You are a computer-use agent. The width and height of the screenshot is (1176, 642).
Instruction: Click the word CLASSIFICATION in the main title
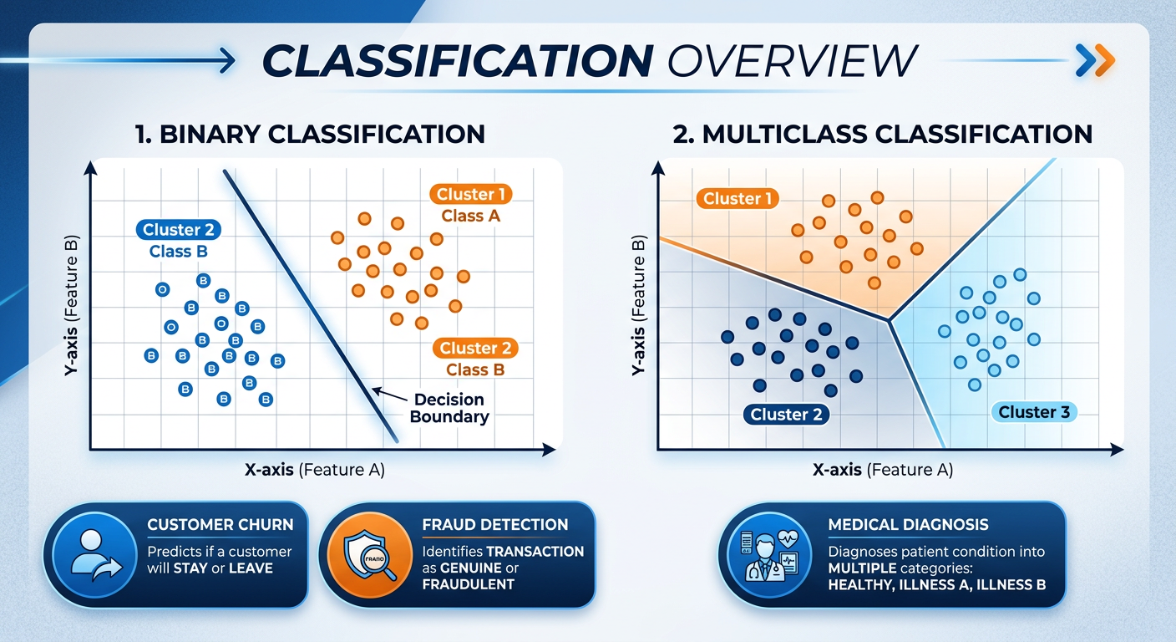click(456, 60)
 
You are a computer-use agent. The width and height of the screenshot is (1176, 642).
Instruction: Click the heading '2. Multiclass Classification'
click(883, 134)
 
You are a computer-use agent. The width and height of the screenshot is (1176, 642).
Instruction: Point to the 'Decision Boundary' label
click(449, 408)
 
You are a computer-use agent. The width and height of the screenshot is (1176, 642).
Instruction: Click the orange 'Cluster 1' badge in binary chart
click(471, 194)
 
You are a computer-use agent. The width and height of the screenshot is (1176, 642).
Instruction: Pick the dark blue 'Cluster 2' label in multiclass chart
click(785, 414)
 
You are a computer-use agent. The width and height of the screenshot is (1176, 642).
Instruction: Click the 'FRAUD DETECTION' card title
click(494, 525)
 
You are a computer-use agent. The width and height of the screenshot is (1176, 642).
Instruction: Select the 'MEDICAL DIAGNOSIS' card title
click(907, 525)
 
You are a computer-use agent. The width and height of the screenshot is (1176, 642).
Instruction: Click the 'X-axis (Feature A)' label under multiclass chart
click(882, 470)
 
